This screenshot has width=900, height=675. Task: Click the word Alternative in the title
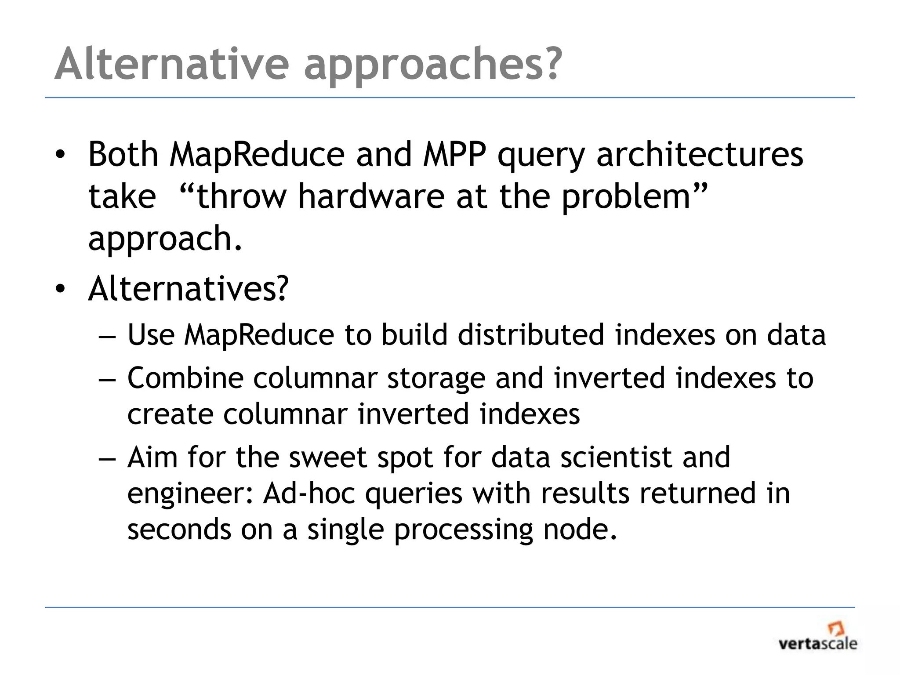point(171,64)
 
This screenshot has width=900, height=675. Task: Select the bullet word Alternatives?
point(188,289)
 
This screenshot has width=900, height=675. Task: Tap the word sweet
point(327,457)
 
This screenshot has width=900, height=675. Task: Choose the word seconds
point(179,529)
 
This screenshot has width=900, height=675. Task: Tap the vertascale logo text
point(817,644)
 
